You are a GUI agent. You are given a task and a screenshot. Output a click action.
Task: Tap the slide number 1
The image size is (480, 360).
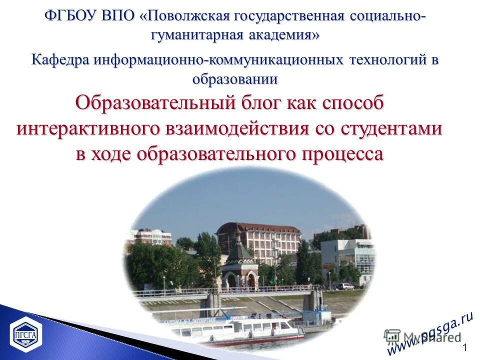(x=465, y=348)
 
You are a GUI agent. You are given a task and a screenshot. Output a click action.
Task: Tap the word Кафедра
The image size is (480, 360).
(x=60, y=60)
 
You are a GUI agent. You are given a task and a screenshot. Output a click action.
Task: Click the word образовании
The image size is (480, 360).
(x=235, y=79)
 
